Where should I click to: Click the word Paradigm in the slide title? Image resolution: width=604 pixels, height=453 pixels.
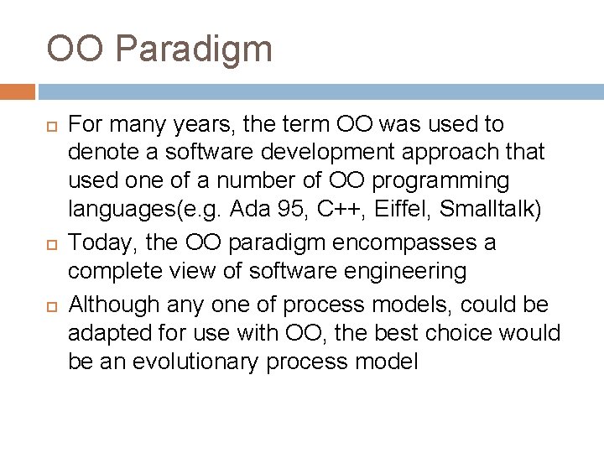point(195,49)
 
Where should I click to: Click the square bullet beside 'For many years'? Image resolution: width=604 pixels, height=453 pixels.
point(50,126)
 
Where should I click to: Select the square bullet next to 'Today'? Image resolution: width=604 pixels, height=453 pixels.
point(50,244)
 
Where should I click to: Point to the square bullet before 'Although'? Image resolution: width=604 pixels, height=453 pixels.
point(50,304)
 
